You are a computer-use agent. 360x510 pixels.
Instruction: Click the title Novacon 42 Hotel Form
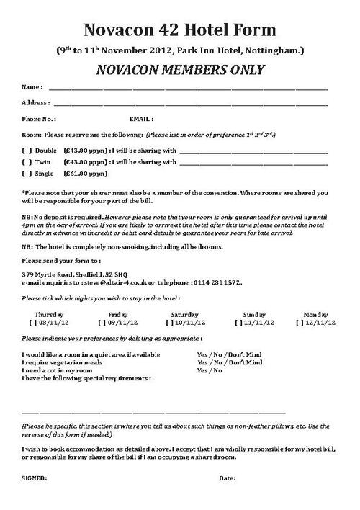(180, 30)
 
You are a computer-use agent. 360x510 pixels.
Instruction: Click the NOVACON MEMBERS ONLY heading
(180, 69)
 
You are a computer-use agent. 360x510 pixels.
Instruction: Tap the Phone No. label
(39, 118)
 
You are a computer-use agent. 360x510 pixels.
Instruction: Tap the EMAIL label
(141, 118)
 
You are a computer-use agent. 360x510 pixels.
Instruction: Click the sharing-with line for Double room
(253, 151)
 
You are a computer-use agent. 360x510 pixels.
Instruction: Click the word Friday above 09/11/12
(118, 314)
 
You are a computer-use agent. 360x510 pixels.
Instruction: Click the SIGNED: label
(35, 478)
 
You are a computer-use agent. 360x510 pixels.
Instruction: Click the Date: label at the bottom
(228, 478)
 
